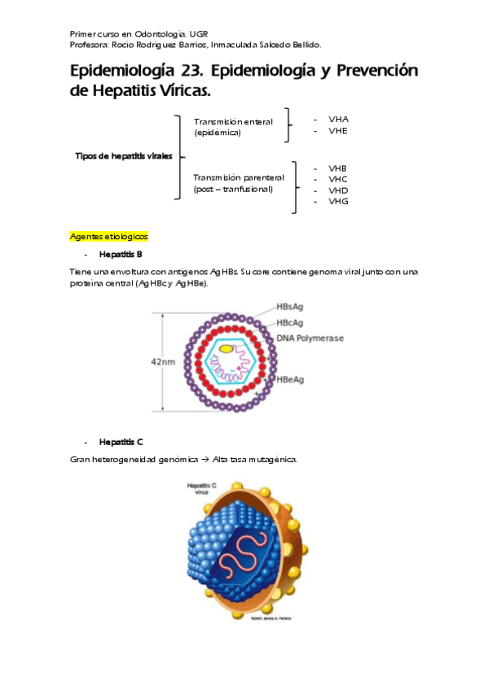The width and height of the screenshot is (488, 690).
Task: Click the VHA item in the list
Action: click(338, 119)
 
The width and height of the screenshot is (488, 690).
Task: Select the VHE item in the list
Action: click(338, 130)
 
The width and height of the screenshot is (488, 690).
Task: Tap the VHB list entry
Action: click(337, 168)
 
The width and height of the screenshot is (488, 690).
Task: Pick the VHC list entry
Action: click(337, 179)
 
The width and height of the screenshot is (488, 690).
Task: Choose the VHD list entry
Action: click(337, 190)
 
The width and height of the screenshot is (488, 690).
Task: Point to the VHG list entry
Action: click(338, 201)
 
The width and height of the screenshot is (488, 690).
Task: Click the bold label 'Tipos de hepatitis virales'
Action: click(123, 156)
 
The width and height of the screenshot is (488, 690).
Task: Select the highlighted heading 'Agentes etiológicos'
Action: click(109, 236)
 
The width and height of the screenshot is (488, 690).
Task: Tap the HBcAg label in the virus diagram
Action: click(291, 323)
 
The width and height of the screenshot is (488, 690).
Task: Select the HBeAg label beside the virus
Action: click(291, 380)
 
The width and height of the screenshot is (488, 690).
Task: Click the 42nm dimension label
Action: click(164, 362)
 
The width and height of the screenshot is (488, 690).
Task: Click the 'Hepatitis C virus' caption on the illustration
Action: click(202, 488)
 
